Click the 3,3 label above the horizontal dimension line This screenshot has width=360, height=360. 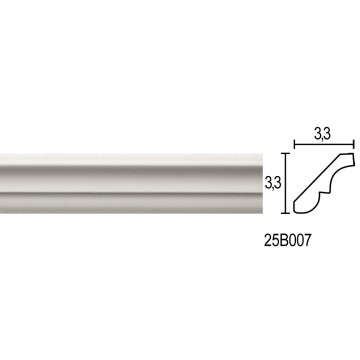(322, 134)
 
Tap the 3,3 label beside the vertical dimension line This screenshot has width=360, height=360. (272, 183)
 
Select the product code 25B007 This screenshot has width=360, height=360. (287, 241)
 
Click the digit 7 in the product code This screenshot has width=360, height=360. (307, 241)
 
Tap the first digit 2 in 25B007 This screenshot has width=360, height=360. (268, 241)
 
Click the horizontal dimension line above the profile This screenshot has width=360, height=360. (324, 145)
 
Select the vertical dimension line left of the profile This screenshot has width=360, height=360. (285, 183)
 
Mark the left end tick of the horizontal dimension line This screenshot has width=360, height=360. (294, 145)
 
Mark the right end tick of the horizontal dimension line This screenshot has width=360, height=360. (354, 145)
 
